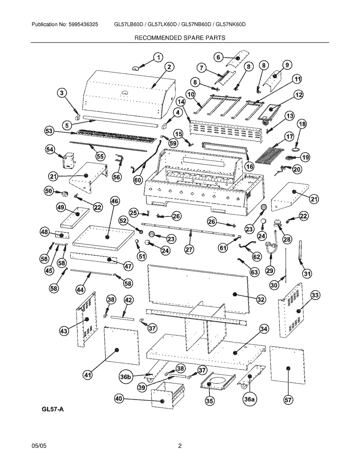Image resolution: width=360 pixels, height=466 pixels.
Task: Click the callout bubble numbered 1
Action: (x=158, y=57)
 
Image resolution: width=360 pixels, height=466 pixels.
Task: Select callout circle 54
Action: (x=50, y=149)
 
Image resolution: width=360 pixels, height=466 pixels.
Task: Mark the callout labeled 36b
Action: (x=126, y=377)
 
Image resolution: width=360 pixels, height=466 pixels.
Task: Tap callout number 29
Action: (x=270, y=270)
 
